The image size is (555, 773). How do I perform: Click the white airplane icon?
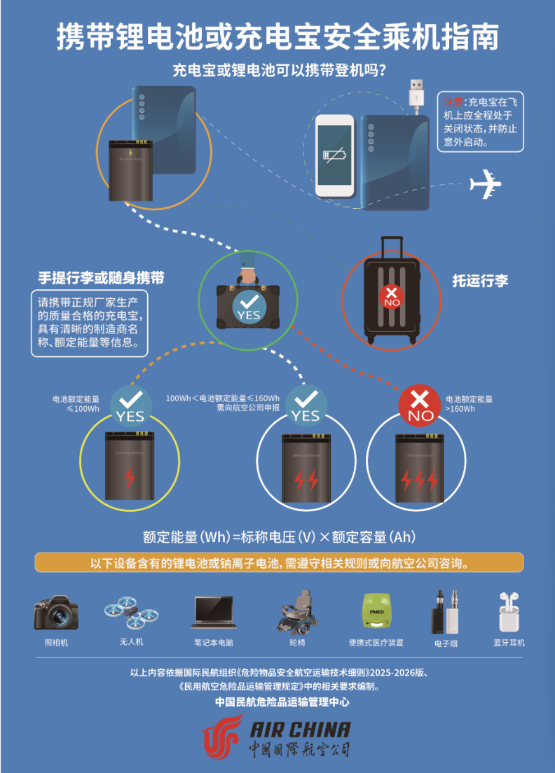(x=486, y=184)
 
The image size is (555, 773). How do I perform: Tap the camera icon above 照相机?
(x=56, y=612)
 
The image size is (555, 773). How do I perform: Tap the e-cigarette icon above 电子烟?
(x=446, y=611)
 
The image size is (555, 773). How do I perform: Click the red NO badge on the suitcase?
(x=392, y=297)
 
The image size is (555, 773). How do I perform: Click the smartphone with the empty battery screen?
(x=334, y=155)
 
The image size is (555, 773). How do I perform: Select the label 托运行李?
(x=480, y=281)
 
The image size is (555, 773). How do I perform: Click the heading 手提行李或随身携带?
(x=101, y=278)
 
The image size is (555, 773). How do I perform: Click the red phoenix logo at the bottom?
(x=223, y=737)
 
